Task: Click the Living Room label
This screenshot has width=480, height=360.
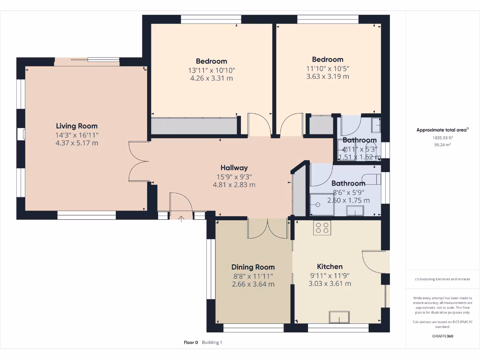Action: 77,126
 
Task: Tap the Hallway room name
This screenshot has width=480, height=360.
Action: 234,167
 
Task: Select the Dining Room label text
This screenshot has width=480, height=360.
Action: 253,267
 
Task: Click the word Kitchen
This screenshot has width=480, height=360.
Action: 330,266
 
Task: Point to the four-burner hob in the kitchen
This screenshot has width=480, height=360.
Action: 322,227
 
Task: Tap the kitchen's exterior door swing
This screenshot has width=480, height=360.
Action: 374,261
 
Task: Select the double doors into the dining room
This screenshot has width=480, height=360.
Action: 267,228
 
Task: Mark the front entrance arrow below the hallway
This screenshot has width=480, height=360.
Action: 181,218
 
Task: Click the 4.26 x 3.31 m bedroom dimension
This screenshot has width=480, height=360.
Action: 211,78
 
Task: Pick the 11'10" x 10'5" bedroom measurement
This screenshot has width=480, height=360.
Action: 328,68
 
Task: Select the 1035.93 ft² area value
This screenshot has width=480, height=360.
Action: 442,138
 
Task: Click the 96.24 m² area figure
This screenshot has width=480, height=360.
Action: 442,145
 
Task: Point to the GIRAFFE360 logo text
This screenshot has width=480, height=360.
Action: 442,336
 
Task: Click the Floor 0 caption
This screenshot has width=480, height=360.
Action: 191,343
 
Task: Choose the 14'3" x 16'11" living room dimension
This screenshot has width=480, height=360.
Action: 77,135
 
